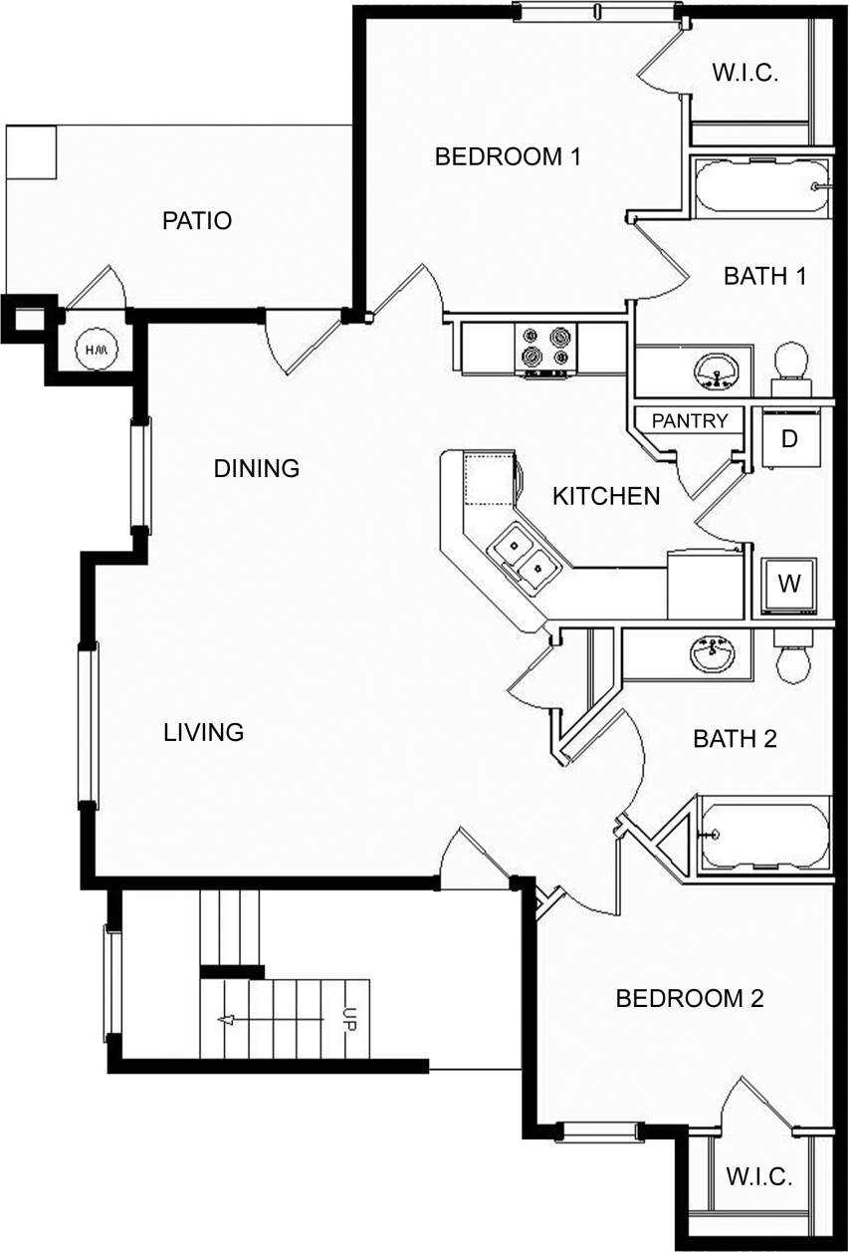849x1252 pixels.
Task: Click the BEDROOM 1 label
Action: pyautogui.click(x=508, y=156)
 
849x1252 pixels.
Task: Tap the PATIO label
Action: pyautogui.click(x=197, y=220)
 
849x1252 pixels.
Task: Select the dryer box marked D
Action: pyautogui.click(x=789, y=438)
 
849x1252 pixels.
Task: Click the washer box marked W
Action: pyautogui.click(x=789, y=584)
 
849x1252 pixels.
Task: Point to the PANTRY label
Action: pyautogui.click(x=690, y=421)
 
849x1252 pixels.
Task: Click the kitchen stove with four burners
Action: pyautogui.click(x=545, y=348)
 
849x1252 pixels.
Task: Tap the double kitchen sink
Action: pyautogui.click(x=525, y=557)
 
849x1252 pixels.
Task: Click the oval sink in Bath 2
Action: pyautogui.click(x=713, y=654)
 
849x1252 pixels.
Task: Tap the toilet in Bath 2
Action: pyautogui.click(x=795, y=658)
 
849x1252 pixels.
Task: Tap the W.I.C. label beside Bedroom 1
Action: pyautogui.click(x=744, y=73)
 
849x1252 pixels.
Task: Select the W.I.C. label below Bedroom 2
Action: pyautogui.click(x=758, y=1177)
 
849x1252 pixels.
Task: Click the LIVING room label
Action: pyautogui.click(x=203, y=732)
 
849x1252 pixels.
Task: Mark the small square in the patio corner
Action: pyautogui.click(x=30, y=151)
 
